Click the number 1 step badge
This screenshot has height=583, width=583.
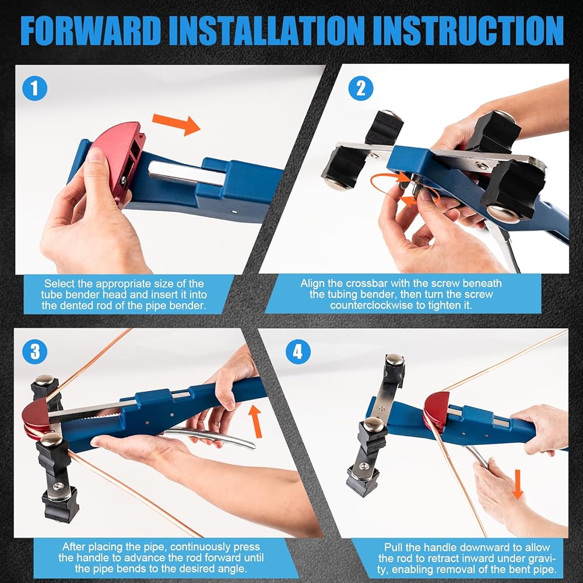(x=34, y=88)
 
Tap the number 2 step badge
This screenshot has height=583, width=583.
(x=361, y=88)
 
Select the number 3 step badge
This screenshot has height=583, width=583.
(x=34, y=352)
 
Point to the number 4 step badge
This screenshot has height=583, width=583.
(x=298, y=352)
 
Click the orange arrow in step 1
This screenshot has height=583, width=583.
(x=176, y=125)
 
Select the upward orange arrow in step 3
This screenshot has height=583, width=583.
(x=256, y=421)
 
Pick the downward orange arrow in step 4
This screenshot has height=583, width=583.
(x=518, y=484)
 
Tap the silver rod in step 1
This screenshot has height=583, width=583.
(x=187, y=173)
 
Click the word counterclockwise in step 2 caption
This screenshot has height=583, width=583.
(x=377, y=305)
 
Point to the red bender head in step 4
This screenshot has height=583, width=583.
(x=436, y=412)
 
